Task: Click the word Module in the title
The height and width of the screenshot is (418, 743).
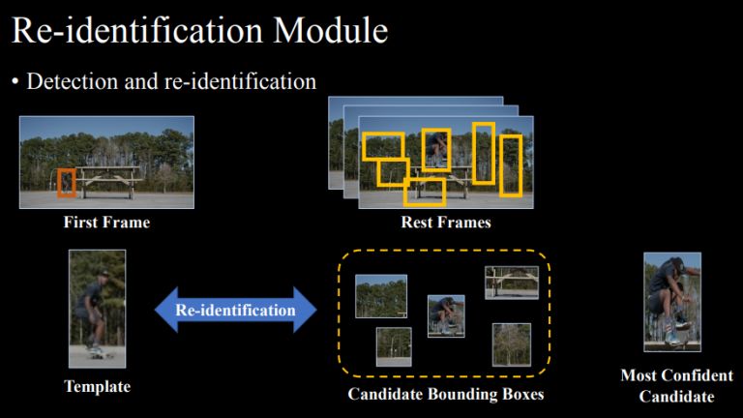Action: coord(331,31)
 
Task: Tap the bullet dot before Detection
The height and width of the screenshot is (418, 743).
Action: coord(15,82)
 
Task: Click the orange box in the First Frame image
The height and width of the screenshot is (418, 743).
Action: coord(66,182)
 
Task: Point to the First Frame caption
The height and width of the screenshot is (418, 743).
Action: coord(106,223)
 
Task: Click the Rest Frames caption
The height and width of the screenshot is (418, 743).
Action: coord(446,223)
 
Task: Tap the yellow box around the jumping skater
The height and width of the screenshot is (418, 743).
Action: coord(436,149)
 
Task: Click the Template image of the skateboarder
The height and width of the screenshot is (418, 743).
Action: coord(97,308)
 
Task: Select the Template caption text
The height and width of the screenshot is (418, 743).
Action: coord(97,387)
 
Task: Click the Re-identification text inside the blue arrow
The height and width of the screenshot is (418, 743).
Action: coord(235,310)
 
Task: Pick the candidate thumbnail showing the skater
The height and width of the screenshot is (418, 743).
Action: coord(446,315)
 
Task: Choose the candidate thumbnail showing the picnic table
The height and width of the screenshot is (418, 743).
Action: coord(512,282)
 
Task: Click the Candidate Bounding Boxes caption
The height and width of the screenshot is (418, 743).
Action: coord(446,395)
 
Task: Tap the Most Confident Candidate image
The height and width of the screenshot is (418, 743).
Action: coord(672,301)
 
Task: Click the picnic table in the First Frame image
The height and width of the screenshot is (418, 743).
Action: coord(111,180)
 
